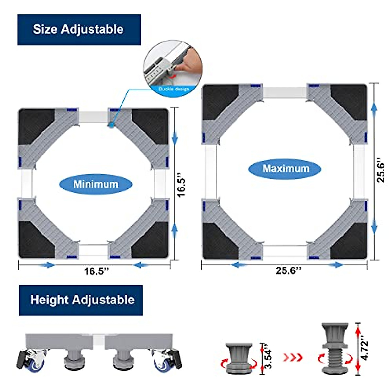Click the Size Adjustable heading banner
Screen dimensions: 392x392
tap(79, 29)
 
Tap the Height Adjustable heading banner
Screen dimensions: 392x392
tap(81, 300)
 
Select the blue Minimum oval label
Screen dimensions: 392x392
tap(95, 184)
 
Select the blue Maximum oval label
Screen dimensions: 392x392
tap(285, 169)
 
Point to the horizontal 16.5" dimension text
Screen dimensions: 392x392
tap(96, 271)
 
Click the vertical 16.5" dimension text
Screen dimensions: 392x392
tap(181, 187)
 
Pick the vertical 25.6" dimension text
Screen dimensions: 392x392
tap(381, 170)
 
